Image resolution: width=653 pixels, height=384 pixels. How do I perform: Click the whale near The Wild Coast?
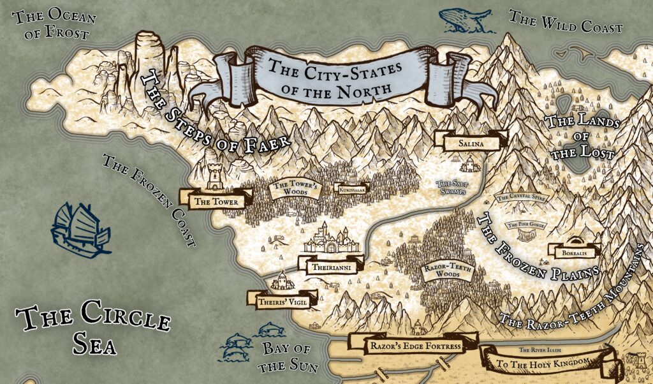(x=467, y=19)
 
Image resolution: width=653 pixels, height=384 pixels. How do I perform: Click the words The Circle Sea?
(x=93, y=328)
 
